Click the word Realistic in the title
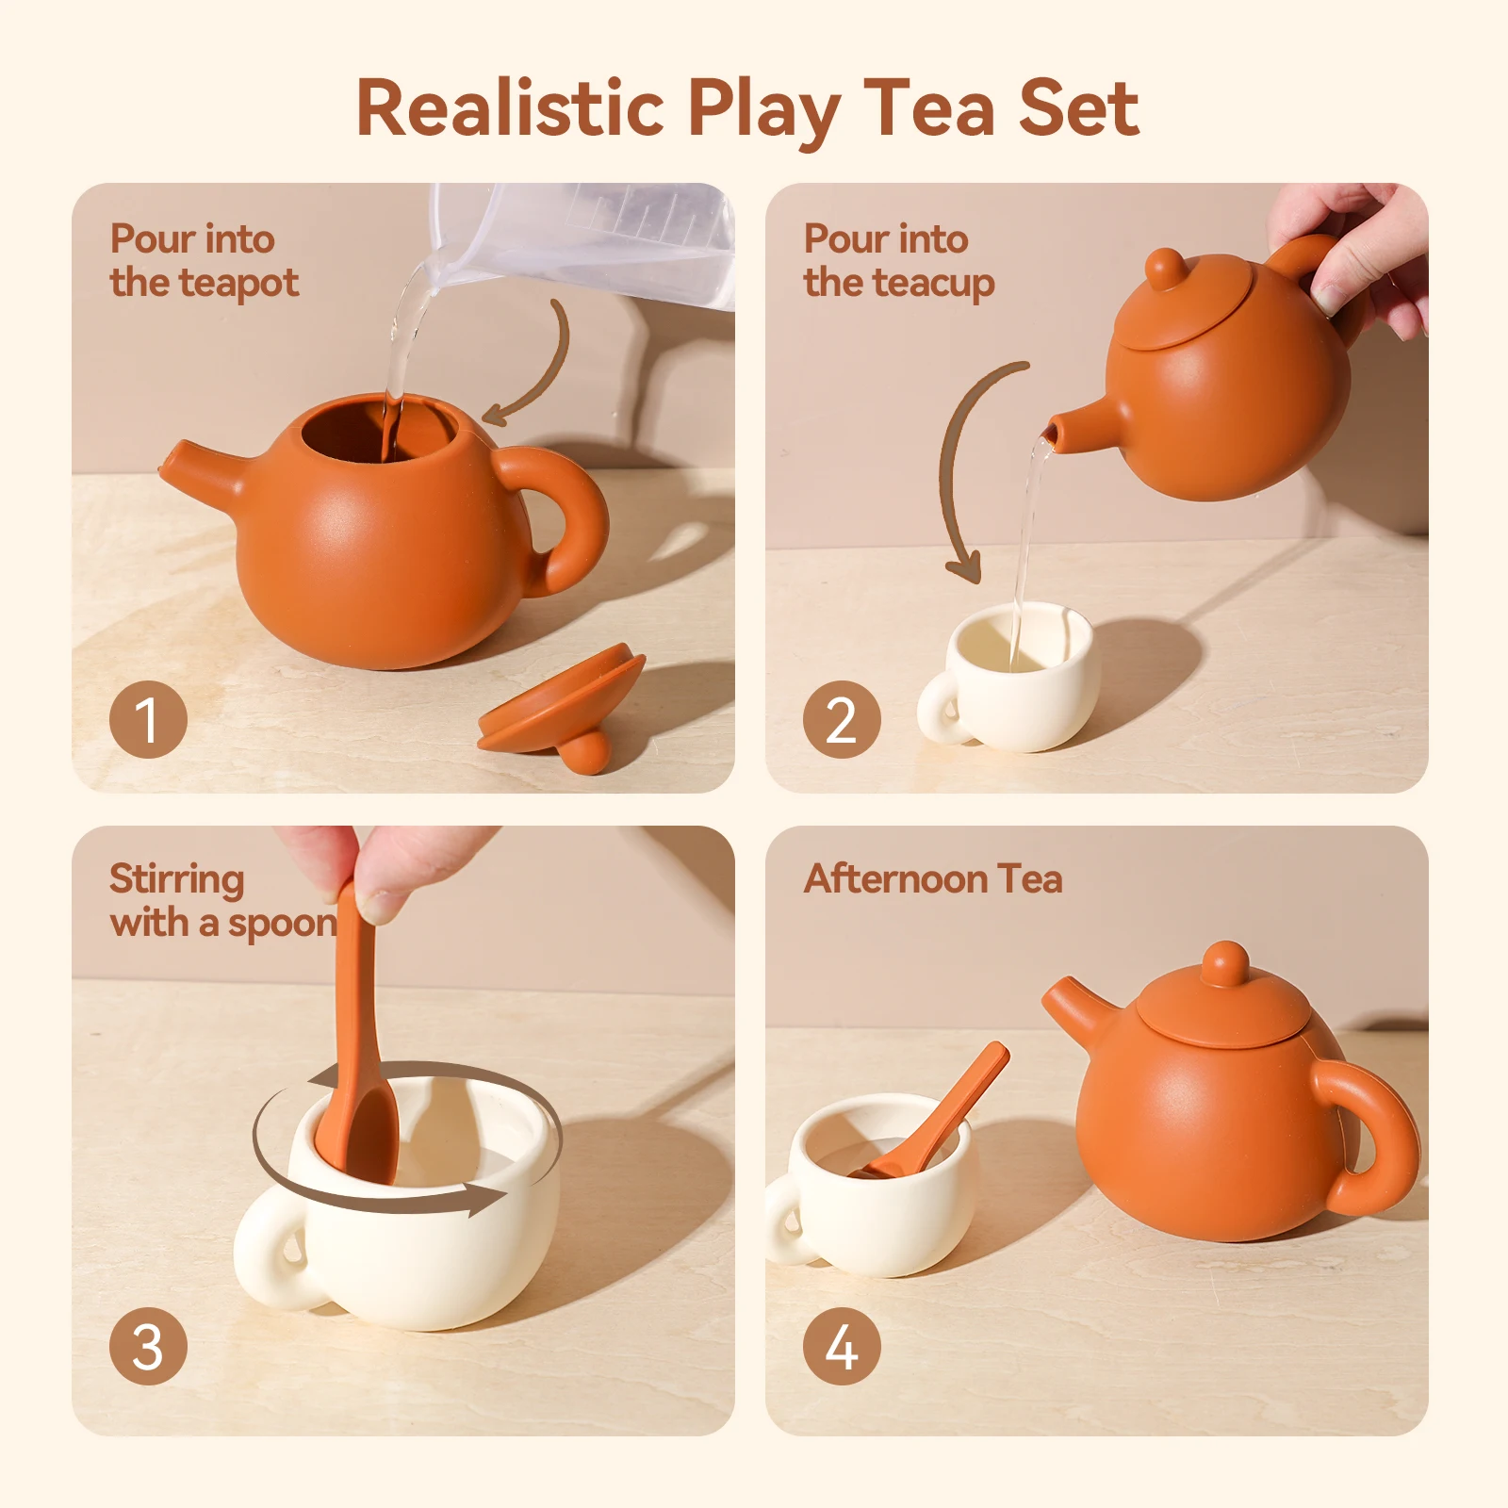[510, 108]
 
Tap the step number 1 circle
[148, 719]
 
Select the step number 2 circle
[842, 719]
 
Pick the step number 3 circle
[148, 1346]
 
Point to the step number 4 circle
[842, 1346]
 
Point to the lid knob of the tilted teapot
[1166, 269]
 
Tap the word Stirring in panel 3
[176, 878]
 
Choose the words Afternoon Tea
[932, 878]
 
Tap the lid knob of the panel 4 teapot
[1226, 963]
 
